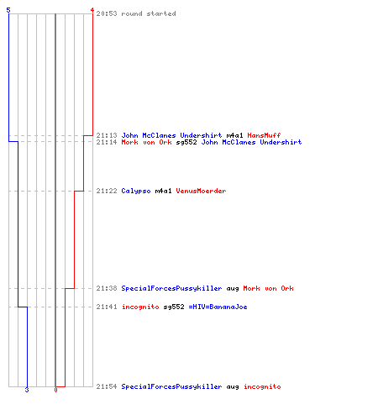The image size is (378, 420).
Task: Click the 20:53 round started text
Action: (136, 13)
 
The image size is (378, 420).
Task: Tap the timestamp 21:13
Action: (107, 135)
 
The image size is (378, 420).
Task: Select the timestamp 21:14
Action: (107, 142)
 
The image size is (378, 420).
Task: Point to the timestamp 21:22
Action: (107, 191)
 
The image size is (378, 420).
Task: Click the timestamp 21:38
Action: (107, 288)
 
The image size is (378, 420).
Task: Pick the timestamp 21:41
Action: (107, 307)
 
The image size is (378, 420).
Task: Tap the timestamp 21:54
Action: (107, 386)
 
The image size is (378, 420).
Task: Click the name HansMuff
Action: (264, 135)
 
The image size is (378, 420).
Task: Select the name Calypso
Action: (136, 192)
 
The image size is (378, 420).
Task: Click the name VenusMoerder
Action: (201, 191)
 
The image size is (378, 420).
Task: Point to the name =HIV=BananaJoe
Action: (218, 307)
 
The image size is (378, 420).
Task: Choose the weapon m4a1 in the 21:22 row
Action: (163, 191)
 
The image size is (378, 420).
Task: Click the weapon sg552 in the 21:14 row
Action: (186, 143)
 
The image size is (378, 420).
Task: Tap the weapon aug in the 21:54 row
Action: (233, 387)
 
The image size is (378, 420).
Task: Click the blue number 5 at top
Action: (8, 10)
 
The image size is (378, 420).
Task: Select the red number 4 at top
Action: (92, 10)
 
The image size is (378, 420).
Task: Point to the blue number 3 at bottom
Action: (27, 390)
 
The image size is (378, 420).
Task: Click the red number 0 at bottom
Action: (55, 390)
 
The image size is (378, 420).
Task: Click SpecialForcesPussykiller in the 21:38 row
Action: (171, 289)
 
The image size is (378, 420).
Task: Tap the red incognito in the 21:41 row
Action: (140, 307)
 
